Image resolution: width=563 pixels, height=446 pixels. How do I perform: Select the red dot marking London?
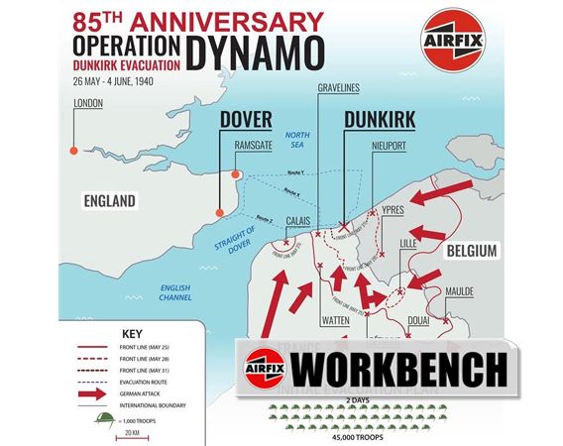72,151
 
